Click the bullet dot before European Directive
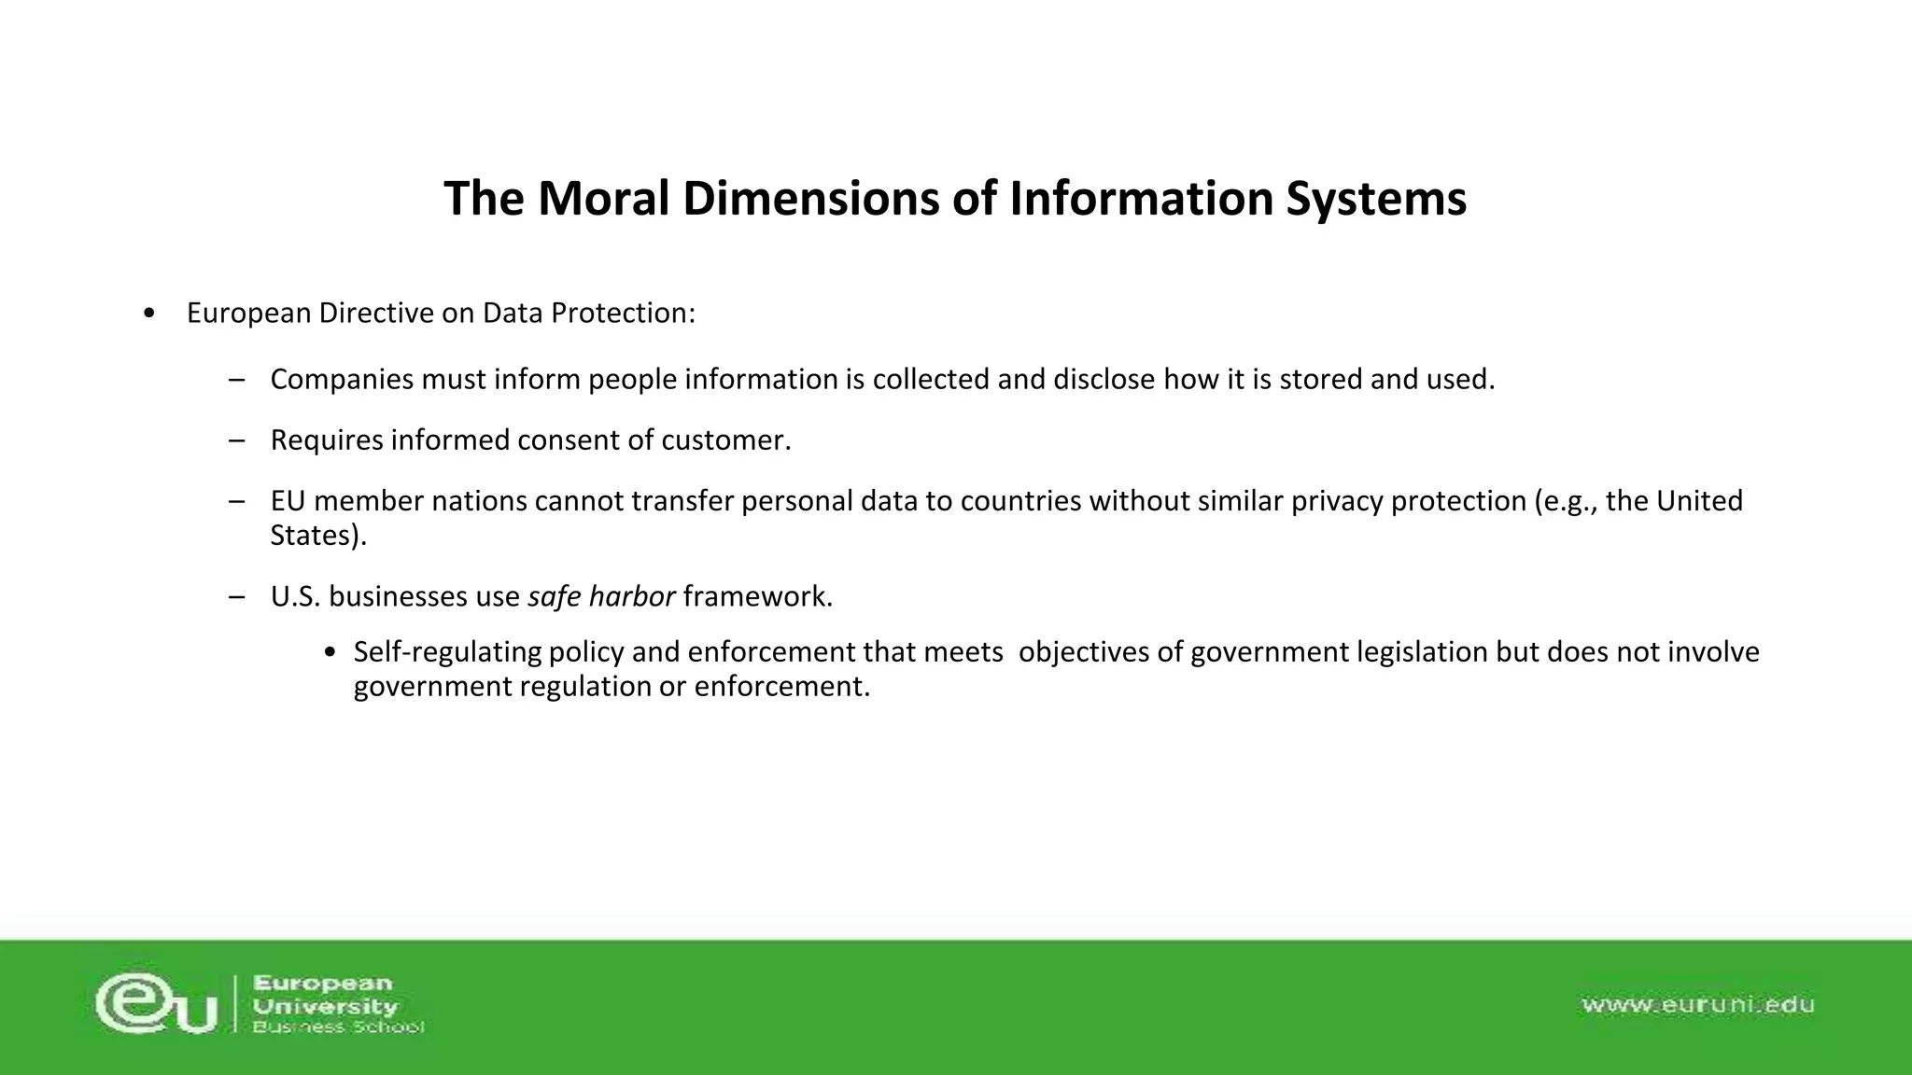(149, 314)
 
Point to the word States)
(318, 536)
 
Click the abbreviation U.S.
(295, 596)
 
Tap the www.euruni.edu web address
(1697, 1005)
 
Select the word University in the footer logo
(325, 1006)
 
